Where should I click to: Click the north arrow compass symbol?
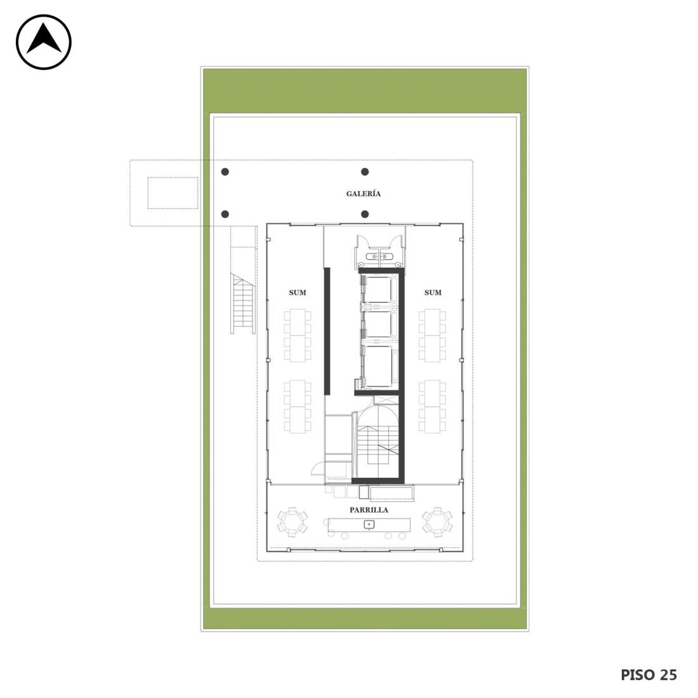(44, 42)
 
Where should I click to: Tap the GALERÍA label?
(363, 194)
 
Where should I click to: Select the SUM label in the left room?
(298, 293)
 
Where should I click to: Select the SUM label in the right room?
(433, 293)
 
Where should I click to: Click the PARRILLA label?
(369, 510)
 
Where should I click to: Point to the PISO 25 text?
(649, 675)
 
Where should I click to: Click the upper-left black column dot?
(225, 172)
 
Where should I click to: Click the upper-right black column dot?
(365, 172)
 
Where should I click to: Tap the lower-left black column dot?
(225, 214)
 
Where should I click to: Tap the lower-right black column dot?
(365, 214)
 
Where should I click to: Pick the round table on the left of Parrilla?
(293, 522)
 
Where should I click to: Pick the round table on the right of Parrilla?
(437, 522)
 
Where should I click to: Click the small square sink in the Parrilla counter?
(369, 524)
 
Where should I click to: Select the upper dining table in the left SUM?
(298, 335)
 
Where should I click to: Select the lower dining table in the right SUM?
(432, 406)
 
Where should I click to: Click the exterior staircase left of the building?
(242, 303)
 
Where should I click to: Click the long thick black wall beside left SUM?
(327, 331)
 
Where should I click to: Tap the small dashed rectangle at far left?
(173, 193)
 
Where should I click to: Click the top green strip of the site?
(365, 91)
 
